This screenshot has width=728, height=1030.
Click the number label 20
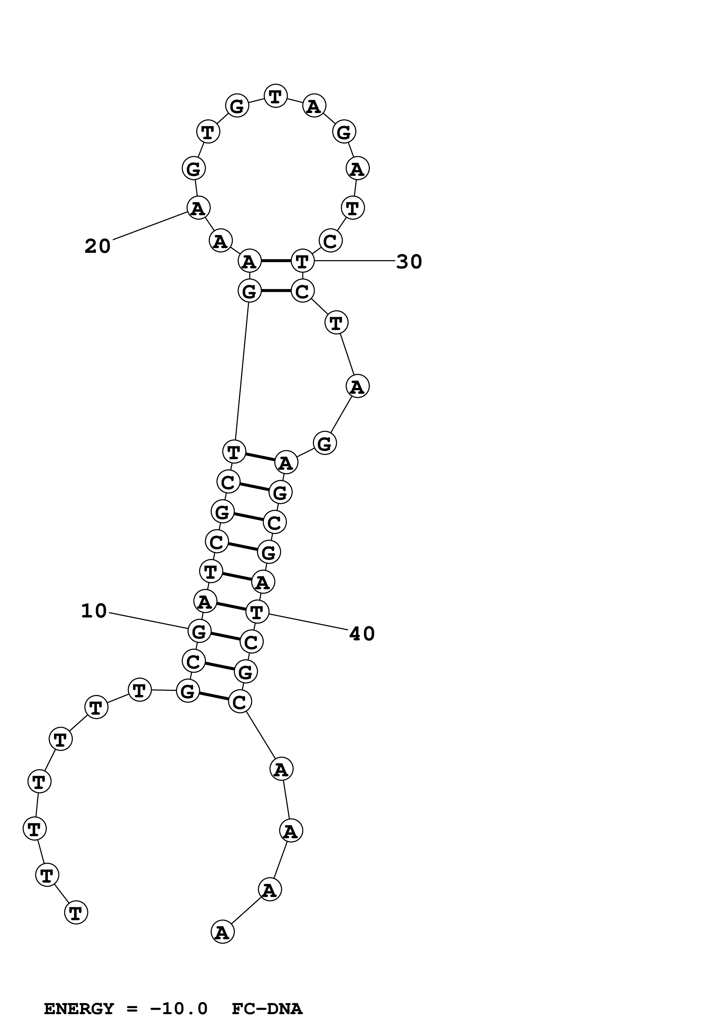[x=97, y=246]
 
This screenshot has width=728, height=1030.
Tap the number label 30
[x=408, y=262]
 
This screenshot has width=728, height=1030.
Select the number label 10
[x=94, y=611]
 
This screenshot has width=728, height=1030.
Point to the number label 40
[x=362, y=634]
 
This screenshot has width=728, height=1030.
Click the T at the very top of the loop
[x=275, y=96]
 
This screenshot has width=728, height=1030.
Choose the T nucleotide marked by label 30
[x=302, y=261]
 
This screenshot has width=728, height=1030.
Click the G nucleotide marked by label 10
[x=199, y=631]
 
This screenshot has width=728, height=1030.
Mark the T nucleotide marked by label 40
[x=257, y=611]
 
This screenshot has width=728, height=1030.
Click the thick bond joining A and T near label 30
[x=276, y=261]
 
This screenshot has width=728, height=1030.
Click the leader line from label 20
[x=150, y=226]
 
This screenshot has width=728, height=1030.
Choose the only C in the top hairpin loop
[x=330, y=241]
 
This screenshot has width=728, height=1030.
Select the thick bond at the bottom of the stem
[x=213, y=696]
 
